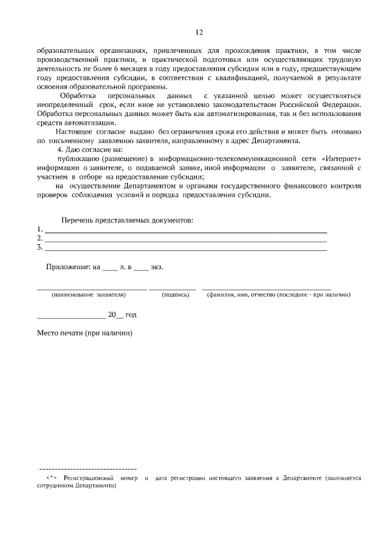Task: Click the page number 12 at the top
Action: pyautogui.click(x=199, y=32)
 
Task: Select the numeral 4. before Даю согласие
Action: pyautogui.click(x=60, y=150)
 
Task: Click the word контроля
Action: pyautogui.click(x=345, y=186)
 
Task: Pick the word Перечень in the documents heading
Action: pyautogui.click(x=77, y=220)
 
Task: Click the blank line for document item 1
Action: pyautogui.click(x=186, y=232)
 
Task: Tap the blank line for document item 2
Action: pyautogui.click(x=186, y=241)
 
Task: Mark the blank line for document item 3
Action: pyautogui.click(x=186, y=250)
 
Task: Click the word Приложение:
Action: pyautogui.click(x=67, y=267)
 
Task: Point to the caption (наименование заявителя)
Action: pyautogui.click(x=89, y=295)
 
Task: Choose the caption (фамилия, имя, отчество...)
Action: pyautogui.click(x=278, y=295)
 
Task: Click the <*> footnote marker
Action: pyautogui.click(x=51, y=478)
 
